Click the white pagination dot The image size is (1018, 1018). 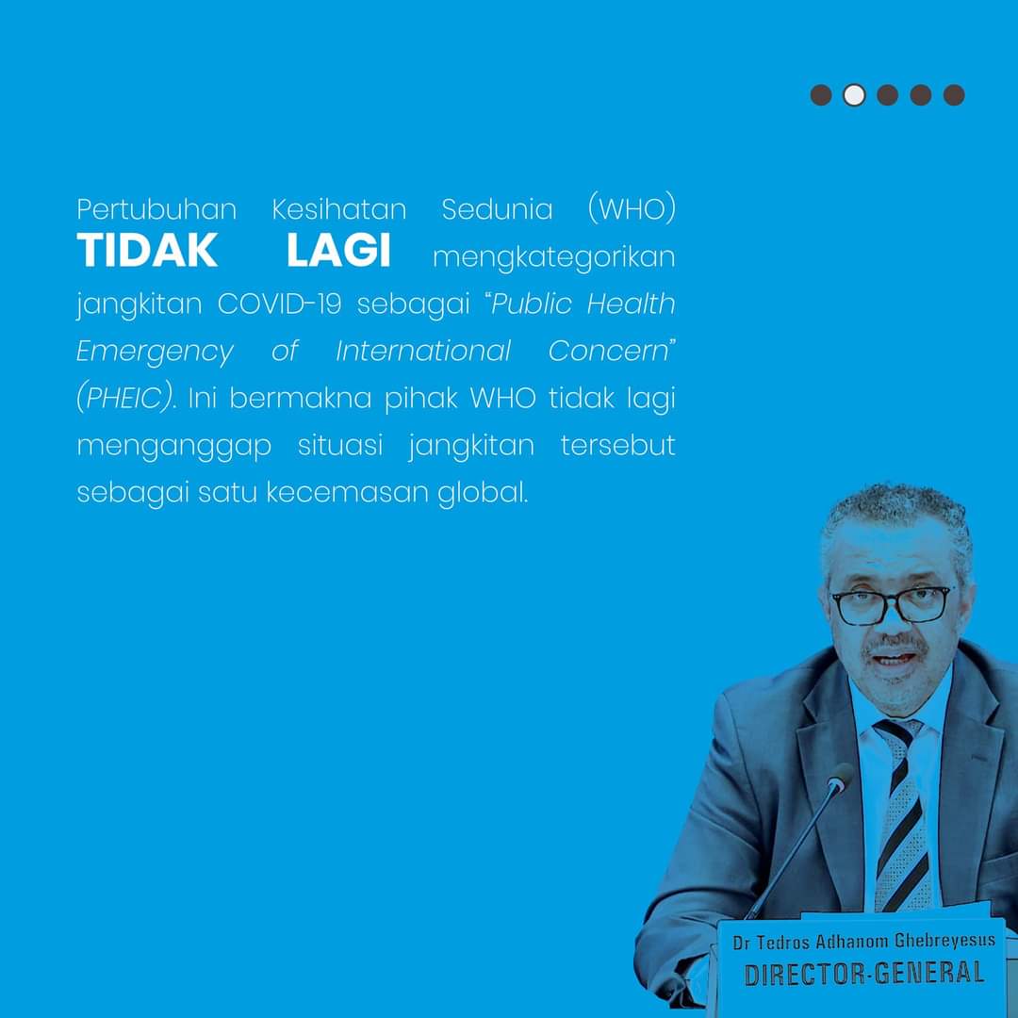[854, 95]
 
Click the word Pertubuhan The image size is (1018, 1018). [156, 209]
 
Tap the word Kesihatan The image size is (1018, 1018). [339, 209]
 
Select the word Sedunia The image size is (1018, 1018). [498, 209]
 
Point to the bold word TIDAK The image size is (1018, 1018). [147, 250]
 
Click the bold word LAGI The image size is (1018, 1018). [339, 250]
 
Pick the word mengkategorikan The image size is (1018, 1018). [554, 257]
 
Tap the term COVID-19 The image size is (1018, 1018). [280, 304]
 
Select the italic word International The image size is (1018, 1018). [423, 351]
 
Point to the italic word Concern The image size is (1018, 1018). [608, 351]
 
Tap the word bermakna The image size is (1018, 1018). [300, 398]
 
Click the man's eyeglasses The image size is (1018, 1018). [893, 605]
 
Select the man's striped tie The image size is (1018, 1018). [902, 814]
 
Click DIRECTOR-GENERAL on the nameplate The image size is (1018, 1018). [863, 974]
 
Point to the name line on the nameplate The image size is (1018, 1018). [863, 940]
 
